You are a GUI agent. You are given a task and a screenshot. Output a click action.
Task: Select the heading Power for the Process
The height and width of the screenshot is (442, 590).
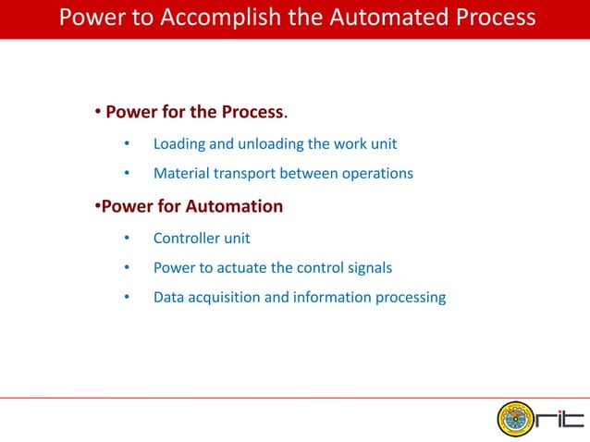click(194, 112)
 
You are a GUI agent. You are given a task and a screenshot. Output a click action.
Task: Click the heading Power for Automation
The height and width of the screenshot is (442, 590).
click(191, 205)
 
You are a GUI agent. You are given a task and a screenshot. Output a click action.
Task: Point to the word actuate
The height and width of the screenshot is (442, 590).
click(239, 268)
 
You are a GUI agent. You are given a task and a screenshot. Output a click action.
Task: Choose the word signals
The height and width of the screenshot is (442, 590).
click(369, 268)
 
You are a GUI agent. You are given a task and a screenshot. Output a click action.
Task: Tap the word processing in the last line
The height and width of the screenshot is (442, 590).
click(410, 298)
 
